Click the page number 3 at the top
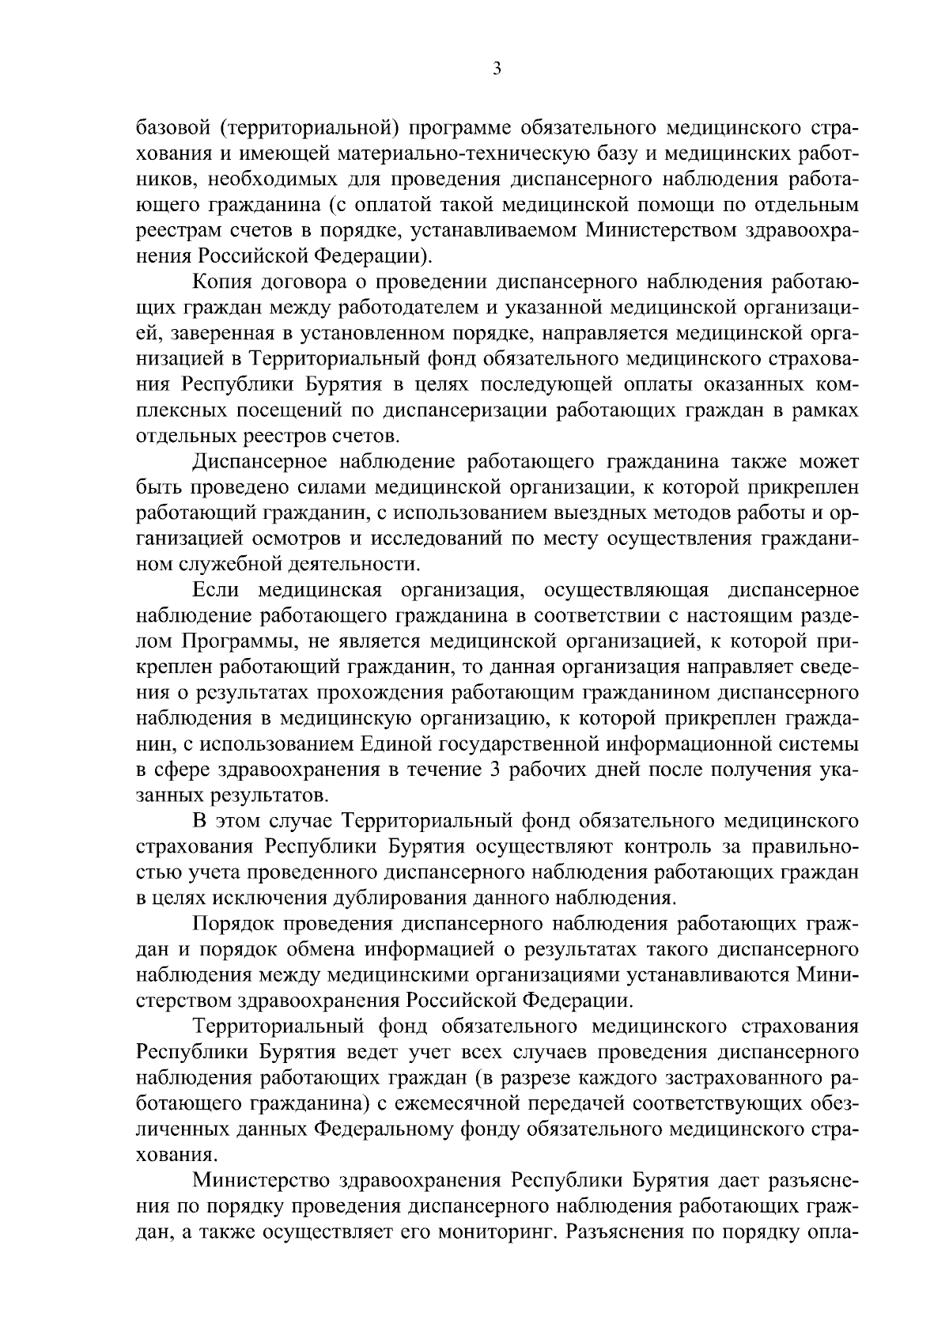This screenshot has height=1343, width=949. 496,69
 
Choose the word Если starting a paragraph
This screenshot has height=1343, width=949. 214,592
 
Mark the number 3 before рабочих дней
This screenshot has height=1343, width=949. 494,772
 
